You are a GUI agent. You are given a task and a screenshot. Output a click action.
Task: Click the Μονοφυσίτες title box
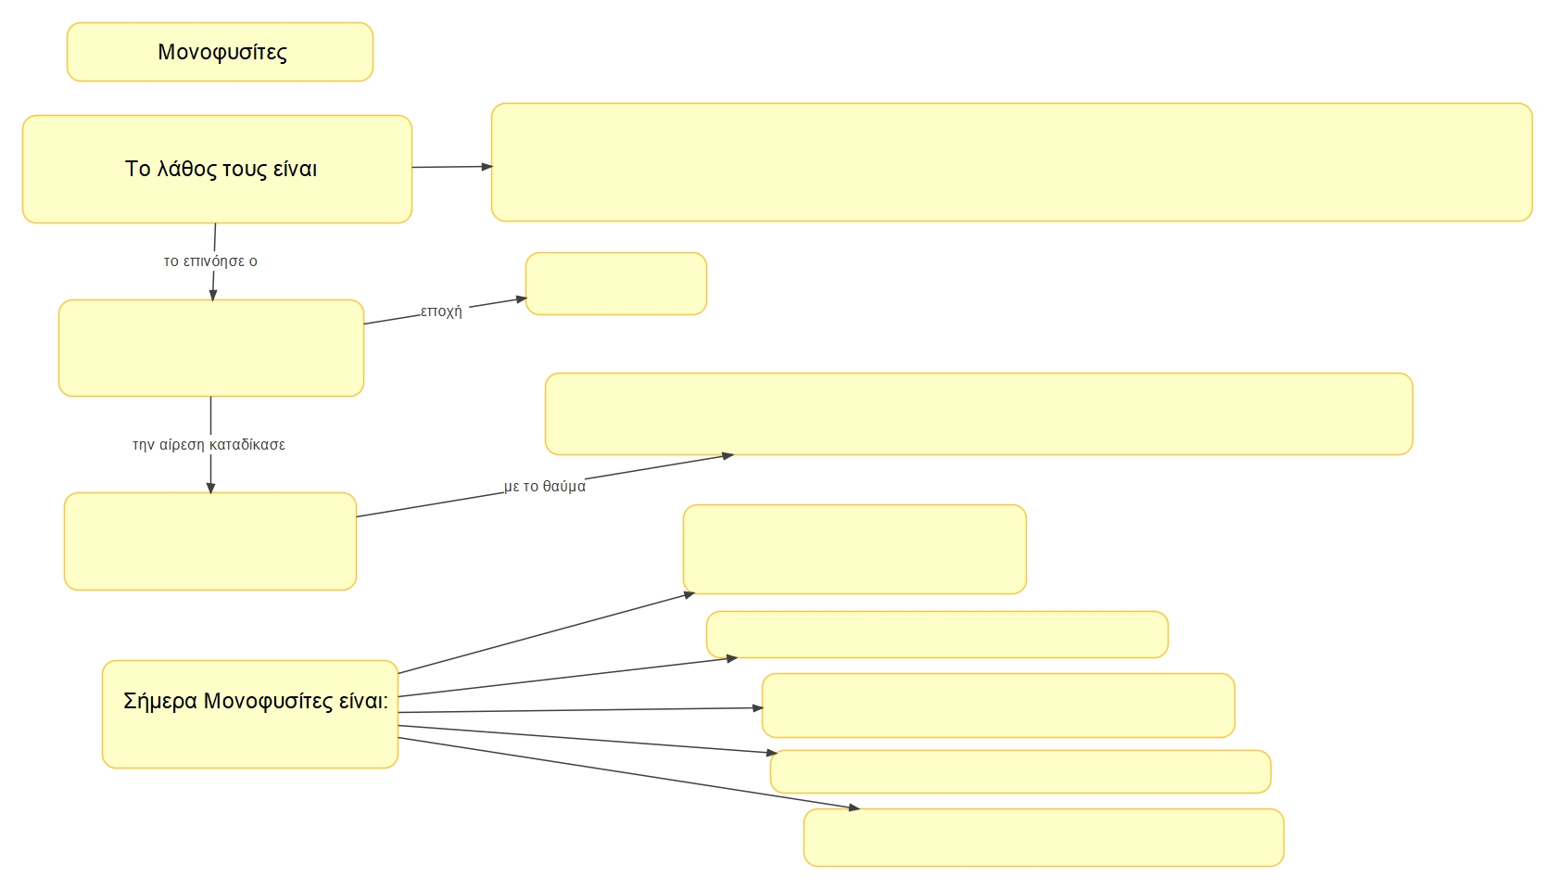pyautogui.click(x=220, y=52)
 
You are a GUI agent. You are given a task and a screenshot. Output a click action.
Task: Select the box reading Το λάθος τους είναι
pyautogui.click(x=217, y=169)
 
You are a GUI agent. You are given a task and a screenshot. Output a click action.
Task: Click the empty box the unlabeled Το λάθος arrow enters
pyautogui.click(x=1011, y=162)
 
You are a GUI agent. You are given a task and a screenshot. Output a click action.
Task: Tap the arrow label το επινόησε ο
pyautogui.click(x=210, y=261)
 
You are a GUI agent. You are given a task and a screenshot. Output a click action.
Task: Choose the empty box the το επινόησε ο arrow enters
pyautogui.click(x=211, y=348)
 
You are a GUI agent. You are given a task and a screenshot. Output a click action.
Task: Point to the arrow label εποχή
pyautogui.click(x=441, y=311)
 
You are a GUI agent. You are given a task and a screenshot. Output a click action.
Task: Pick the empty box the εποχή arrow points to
pyautogui.click(x=616, y=284)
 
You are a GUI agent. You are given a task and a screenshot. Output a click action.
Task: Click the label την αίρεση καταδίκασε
pyautogui.click(x=209, y=445)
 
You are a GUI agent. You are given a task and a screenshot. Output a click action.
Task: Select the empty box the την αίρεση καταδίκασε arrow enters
pyautogui.click(x=210, y=541)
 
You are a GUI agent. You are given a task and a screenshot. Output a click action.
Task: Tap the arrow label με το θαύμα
pyautogui.click(x=545, y=487)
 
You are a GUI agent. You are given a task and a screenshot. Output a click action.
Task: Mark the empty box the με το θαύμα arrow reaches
pyautogui.click(x=979, y=413)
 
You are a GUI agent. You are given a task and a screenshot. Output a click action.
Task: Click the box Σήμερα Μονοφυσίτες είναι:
pyautogui.click(x=250, y=714)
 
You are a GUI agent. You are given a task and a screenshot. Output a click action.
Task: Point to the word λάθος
pyautogui.click(x=186, y=169)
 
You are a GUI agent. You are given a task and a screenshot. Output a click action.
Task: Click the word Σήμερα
pyautogui.click(x=160, y=701)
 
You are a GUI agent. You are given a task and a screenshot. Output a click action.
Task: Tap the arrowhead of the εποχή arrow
pyautogui.click(x=522, y=299)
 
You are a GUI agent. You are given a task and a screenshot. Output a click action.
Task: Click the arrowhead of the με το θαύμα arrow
pyautogui.click(x=727, y=455)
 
